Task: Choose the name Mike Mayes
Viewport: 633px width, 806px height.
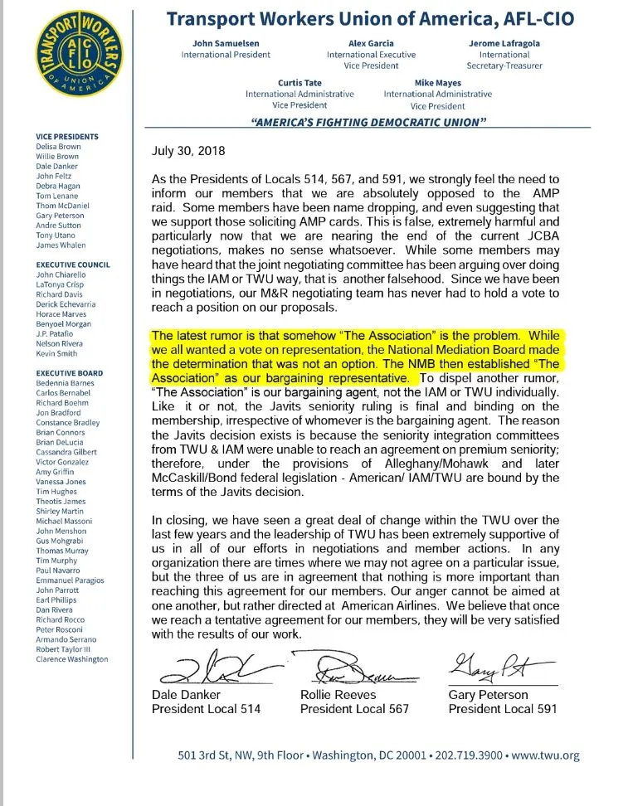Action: click(437, 83)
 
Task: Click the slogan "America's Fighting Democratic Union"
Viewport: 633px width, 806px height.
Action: click(368, 122)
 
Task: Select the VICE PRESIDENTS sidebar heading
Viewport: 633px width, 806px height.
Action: click(67, 137)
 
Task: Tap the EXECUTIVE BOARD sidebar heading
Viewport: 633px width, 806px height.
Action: click(69, 373)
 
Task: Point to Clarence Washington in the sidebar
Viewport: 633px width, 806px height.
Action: click(72, 659)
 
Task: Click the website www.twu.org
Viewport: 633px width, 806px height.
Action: click(546, 755)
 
